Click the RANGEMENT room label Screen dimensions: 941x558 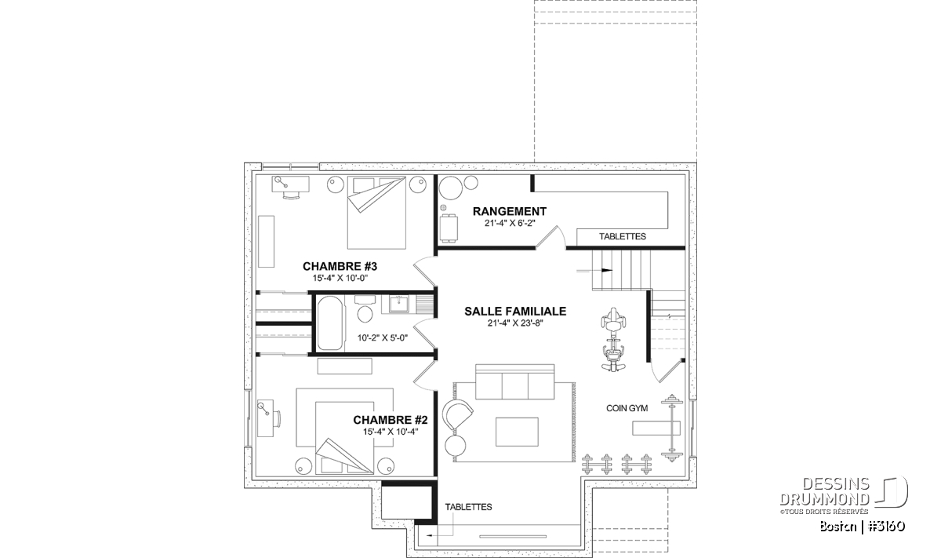pyautogui.click(x=510, y=211)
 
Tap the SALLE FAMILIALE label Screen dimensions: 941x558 pyautogui.click(x=515, y=311)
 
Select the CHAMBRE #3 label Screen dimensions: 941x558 pyautogui.click(x=340, y=266)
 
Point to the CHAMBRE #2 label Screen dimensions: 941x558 pyautogui.click(x=391, y=420)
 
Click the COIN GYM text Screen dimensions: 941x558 pyautogui.click(x=627, y=408)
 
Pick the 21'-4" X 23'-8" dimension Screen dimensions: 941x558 pyautogui.click(x=515, y=323)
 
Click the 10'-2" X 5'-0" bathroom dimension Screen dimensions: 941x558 pyautogui.click(x=383, y=337)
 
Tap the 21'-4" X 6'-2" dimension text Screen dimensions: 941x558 pyautogui.click(x=510, y=223)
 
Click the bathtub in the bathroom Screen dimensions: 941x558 pyautogui.click(x=330, y=323)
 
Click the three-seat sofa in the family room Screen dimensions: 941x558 pyautogui.click(x=515, y=382)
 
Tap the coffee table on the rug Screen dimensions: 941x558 pyautogui.click(x=517, y=432)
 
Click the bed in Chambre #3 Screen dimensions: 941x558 pyautogui.click(x=376, y=213)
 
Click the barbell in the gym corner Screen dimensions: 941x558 pyautogui.click(x=670, y=428)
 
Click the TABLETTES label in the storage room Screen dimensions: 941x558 pyautogui.click(x=622, y=236)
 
